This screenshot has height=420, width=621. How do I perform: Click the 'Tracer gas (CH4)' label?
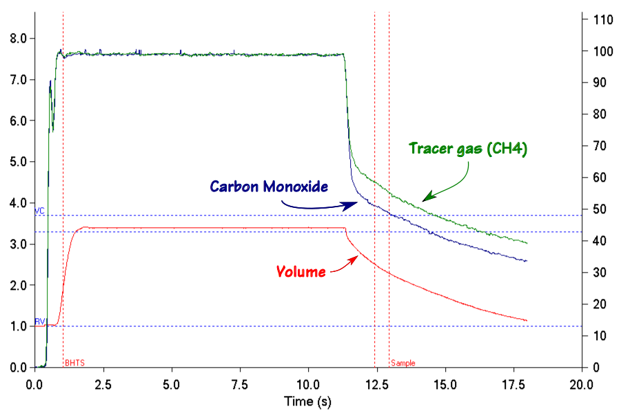[x=468, y=149]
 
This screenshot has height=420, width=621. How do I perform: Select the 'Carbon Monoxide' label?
[x=269, y=187]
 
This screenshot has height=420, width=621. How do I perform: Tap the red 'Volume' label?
[x=301, y=271]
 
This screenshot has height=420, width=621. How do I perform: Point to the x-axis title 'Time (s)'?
[x=307, y=401]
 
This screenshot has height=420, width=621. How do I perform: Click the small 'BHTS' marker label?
[x=73, y=363]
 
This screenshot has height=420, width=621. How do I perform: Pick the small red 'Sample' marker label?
[x=403, y=363]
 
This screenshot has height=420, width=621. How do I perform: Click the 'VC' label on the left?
[x=40, y=211]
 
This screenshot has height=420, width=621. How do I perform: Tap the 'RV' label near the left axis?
[x=40, y=321]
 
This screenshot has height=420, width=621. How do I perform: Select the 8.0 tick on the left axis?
[x=19, y=39]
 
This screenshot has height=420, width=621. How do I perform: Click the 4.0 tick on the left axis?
[x=19, y=203]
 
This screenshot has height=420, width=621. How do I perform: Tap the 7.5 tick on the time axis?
[x=239, y=383]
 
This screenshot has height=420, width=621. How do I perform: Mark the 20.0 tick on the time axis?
[x=582, y=383]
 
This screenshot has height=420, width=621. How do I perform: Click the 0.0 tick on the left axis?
[x=19, y=368]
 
